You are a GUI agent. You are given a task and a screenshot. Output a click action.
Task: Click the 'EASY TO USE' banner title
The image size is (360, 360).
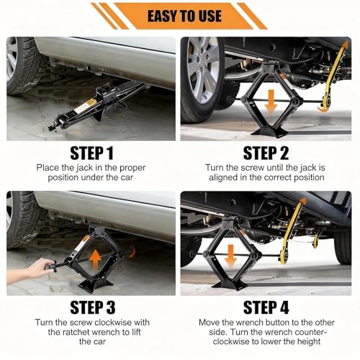coord(184,16)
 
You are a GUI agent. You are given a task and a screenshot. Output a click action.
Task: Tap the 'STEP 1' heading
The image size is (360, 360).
coord(91,153)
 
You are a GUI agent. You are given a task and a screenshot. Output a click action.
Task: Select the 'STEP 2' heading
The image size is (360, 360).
coord(266,153)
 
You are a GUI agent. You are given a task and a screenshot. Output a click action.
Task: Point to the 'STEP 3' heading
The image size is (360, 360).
coord(93,307)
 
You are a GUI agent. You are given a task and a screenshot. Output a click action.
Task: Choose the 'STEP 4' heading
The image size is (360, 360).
coord(266,307)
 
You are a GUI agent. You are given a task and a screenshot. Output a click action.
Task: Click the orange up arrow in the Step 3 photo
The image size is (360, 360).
coord(95,260)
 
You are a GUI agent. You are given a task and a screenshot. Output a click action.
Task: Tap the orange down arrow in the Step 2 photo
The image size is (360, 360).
coord(271,102)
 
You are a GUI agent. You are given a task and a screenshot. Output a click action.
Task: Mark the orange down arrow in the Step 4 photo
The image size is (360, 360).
coord(230,256)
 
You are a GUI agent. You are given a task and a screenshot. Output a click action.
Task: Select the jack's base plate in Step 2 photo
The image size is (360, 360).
coord(269,132)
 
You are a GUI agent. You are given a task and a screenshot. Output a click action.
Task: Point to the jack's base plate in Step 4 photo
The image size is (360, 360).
coord(230,285)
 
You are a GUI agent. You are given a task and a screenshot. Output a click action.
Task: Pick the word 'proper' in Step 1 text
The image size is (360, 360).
coord(132,168)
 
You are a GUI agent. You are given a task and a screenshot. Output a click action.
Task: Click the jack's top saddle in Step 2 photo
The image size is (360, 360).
coord(269,66)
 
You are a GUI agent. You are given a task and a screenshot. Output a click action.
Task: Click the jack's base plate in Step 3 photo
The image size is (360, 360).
coord(96,285)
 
